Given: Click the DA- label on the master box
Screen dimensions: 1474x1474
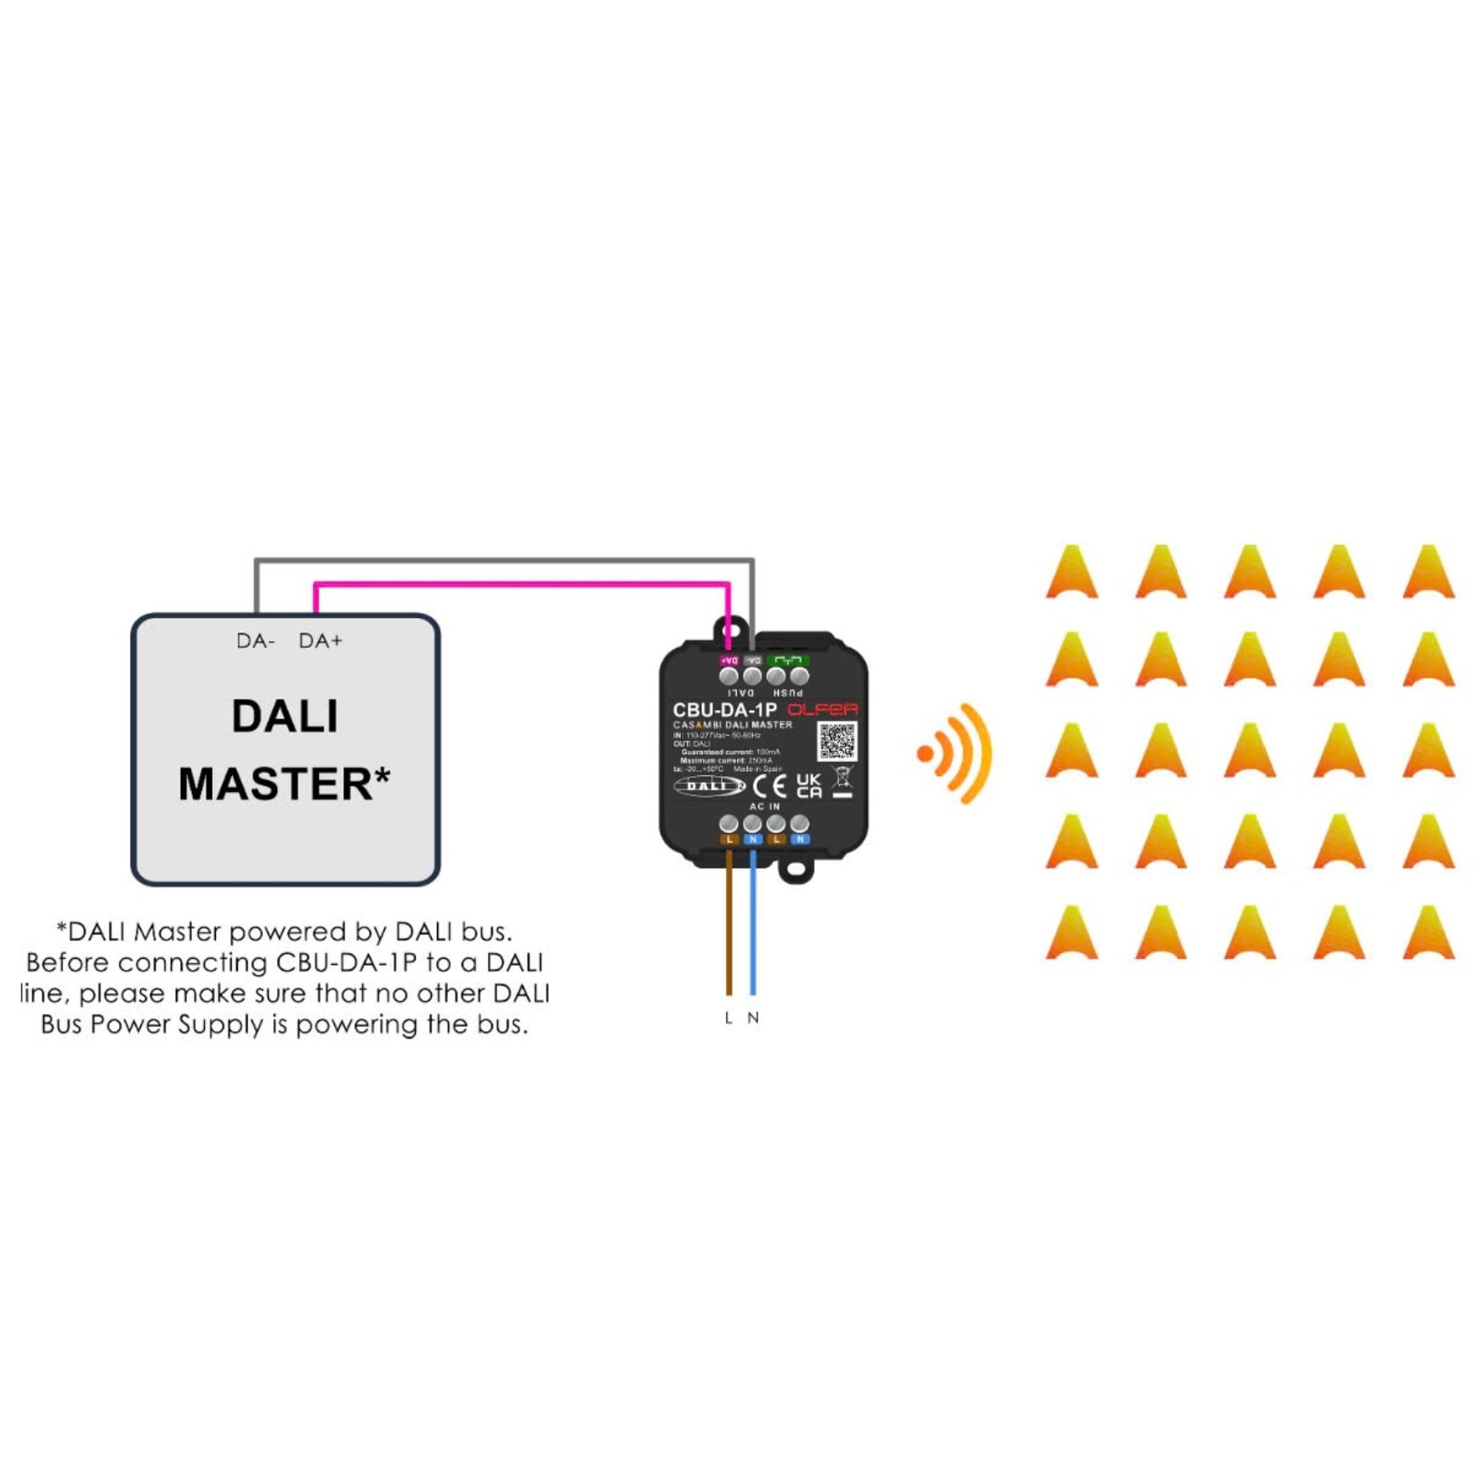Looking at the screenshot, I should [255, 641].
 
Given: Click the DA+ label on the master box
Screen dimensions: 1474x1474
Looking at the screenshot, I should [320, 641].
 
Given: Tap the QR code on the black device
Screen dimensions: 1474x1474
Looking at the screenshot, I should [837, 741].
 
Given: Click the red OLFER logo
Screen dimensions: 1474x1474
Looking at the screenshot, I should [822, 710].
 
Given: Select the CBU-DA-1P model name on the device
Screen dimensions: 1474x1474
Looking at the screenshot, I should [724, 710].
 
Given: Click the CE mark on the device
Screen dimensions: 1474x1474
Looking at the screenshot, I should [769, 786].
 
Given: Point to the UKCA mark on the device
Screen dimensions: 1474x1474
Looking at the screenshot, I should [809, 785].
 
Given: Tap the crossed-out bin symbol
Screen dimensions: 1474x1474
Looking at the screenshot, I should [842, 778].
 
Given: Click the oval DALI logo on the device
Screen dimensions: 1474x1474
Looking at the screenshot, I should [708, 786].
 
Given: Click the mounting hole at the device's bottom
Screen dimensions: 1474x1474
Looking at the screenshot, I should [796, 870].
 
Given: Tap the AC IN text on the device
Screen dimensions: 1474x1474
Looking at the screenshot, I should [764, 806].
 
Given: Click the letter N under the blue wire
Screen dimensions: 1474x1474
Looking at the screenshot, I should [753, 1018].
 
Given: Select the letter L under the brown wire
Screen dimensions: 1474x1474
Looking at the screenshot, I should [728, 1018].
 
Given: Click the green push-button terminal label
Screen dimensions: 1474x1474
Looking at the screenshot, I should [788, 660].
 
